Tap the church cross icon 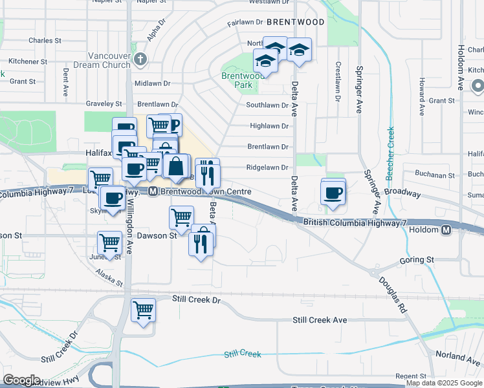point(140,59)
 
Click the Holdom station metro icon point(446,230)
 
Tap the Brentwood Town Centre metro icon point(153,191)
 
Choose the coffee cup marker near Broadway point(333,193)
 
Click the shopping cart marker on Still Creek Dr point(143,310)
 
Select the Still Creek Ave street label point(320,320)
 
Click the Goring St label point(417,260)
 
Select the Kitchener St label point(25,61)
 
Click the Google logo point(21,380)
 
